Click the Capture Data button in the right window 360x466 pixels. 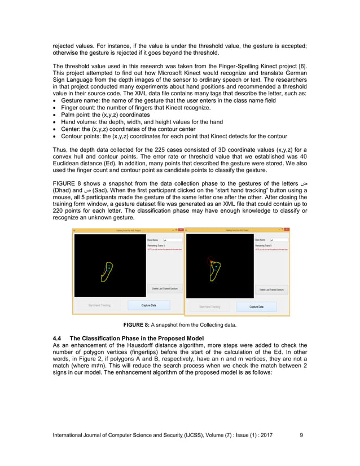(257, 306)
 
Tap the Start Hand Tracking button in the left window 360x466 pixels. (99, 305)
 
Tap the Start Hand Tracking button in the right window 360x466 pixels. (210, 307)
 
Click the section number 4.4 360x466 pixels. (56, 337)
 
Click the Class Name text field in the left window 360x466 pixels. (168, 240)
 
